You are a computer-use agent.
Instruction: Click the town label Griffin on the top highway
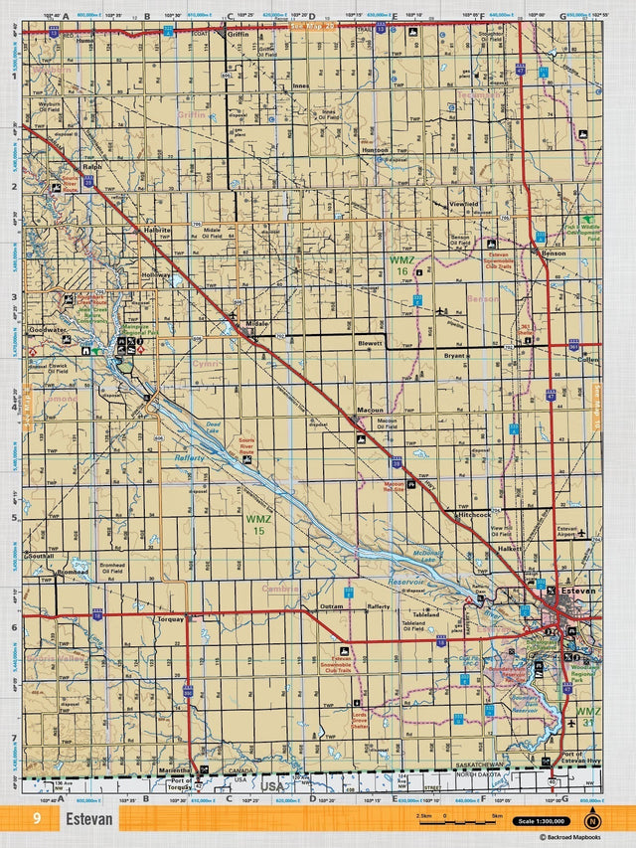coord(238,34)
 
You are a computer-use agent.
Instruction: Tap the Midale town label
coord(257,324)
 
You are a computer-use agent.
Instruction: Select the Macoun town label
coord(370,410)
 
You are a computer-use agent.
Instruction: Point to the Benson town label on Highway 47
coord(554,254)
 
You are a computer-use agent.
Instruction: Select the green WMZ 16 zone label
coord(400,264)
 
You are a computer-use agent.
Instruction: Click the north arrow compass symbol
coord(593,820)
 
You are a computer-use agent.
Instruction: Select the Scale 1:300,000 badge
coord(541,821)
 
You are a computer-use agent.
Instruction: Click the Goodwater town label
coord(47,329)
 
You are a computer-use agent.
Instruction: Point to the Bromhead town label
coord(73,573)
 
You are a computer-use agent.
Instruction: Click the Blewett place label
coord(370,343)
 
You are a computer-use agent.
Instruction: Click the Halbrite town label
coord(158,230)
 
